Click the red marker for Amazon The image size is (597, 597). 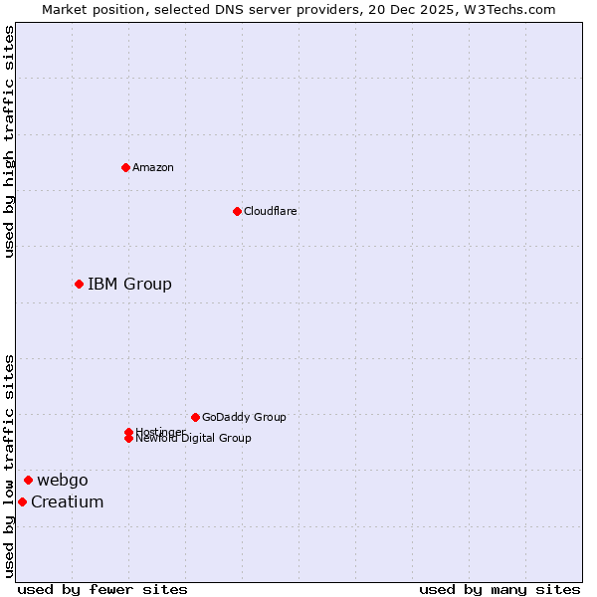click(125, 167)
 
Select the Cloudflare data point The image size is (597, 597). click(237, 211)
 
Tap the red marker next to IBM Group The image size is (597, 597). click(79, 285)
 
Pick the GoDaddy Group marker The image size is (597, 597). click(195, 417)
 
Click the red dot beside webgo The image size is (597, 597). click(28, 481)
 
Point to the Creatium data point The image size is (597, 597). click(22, 501)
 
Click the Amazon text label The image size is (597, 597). click(153, 167)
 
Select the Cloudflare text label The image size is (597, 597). click(271, 211)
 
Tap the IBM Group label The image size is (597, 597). click(129, 285)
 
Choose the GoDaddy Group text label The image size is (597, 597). click(244, 417)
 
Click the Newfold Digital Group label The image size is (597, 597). click(193, 438)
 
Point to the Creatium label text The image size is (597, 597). click(68, 501)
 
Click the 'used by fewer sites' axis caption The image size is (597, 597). click(102, 590)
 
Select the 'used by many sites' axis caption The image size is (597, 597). click(499, 590)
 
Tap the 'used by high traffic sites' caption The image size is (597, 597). click(10, 141)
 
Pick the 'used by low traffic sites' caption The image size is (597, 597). click(10, 466)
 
